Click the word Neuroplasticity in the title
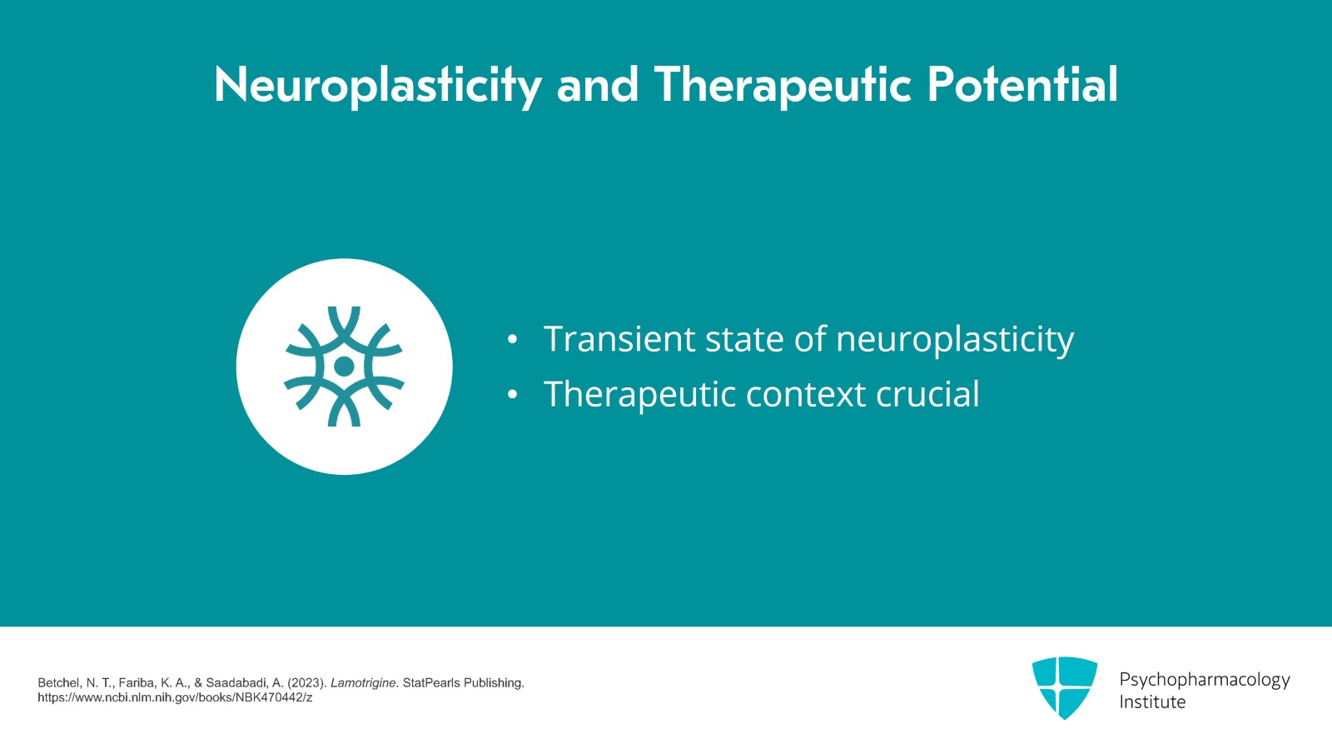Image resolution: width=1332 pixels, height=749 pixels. click(x=378, y=86)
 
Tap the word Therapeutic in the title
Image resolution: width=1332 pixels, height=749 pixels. click(x=783, y=86)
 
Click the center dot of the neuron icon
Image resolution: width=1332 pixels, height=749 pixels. click(x=344, y=367)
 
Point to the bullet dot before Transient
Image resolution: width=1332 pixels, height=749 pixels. click(x=512, y=340)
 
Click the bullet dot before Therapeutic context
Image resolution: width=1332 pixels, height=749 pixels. click(x=512, y=394)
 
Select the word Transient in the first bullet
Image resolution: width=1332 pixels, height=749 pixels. click(x=619, y=338)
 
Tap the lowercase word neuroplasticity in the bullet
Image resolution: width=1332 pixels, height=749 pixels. click(x=955, y=340)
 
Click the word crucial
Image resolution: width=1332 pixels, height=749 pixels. click(x=927, y=393)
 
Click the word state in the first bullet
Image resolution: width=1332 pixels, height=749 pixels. click(x=744, y=340)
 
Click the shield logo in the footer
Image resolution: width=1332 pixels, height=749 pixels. click(x=1065, y=687)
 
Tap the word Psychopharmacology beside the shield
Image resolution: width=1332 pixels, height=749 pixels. click(x=1204, y=680)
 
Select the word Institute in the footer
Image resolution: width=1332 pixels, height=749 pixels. click(x=1152, y=702)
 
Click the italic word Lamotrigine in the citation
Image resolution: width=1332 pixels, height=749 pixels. click(x=363, y=683)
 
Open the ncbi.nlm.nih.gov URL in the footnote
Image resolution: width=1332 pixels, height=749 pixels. click(x=175, y=698)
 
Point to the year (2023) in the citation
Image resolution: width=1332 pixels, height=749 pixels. click(x=306, y=683)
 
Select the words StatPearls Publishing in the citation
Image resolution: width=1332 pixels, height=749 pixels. click(x=463, y=683)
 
